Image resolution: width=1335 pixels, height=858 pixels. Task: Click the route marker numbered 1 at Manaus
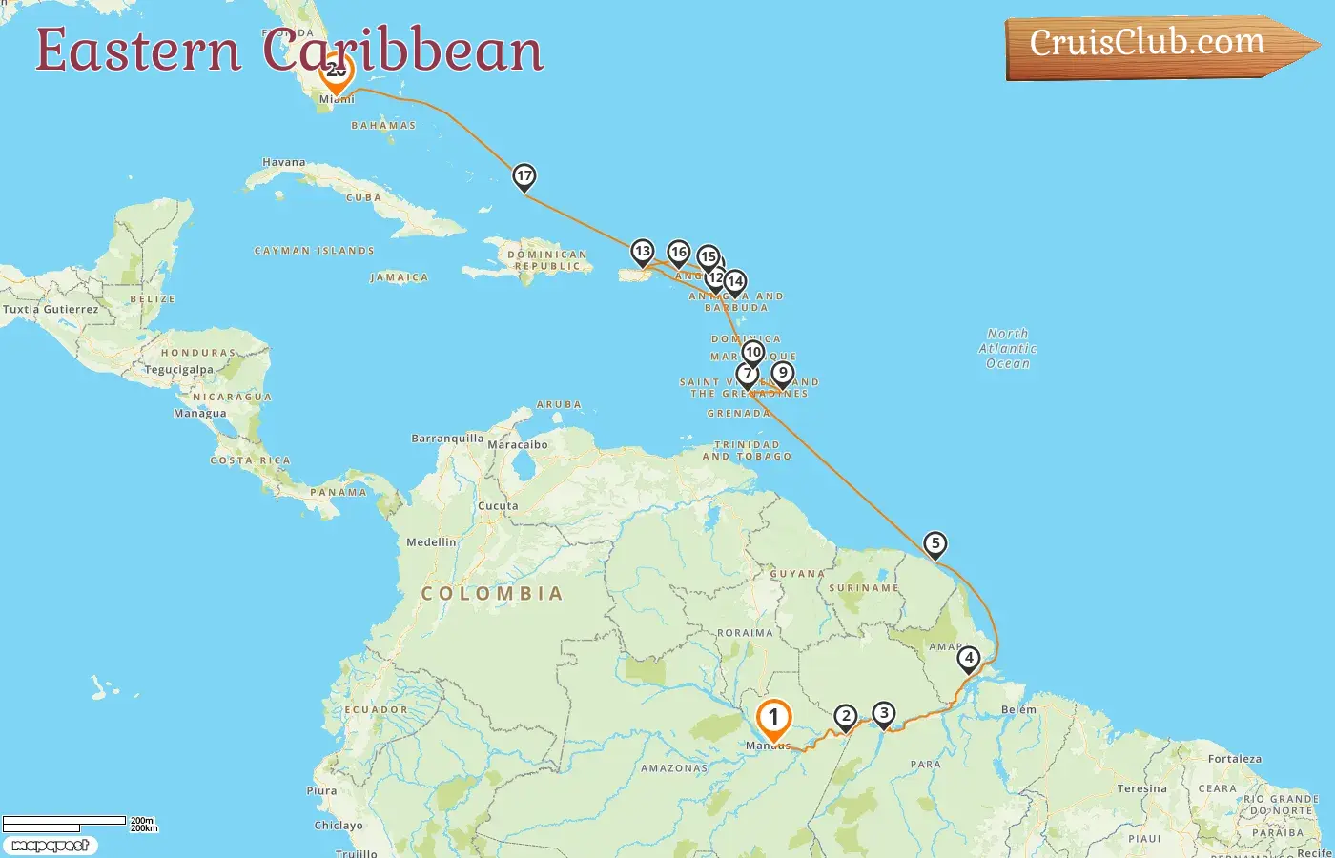[x=773, y=718]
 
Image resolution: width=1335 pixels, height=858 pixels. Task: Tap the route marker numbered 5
[x=934, y=544]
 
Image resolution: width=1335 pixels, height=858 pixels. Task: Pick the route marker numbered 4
[x=968, y=658]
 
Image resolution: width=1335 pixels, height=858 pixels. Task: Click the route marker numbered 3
[x=884, y=714]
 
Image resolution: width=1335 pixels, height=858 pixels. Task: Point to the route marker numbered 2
[x=845, y=717]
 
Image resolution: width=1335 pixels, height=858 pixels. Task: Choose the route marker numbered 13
[x=642, y=253]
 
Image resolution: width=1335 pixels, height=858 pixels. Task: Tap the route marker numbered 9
[x=782, y=374]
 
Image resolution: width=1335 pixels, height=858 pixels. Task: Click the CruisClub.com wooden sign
[x=1154, y=45]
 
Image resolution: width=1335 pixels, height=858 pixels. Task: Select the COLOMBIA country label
[x=492, y=594]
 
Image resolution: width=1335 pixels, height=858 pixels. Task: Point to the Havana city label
[x=284, y=163]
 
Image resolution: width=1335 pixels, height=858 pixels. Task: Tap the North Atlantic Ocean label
[x=1008, y=349]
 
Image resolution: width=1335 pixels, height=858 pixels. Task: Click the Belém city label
[x=1018, y=709]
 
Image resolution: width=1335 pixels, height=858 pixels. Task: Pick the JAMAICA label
[x=399, y=278]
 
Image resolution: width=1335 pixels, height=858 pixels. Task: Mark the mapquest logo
[x=51, y=846]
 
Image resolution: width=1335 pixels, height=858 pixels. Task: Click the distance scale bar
[x=64, y=823]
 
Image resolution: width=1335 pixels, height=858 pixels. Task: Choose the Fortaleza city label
[x=1234, y=760]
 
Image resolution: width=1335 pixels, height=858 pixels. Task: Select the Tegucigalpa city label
[x=179, y=370]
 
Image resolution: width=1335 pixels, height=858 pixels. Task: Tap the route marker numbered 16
[x=678, y=253]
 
